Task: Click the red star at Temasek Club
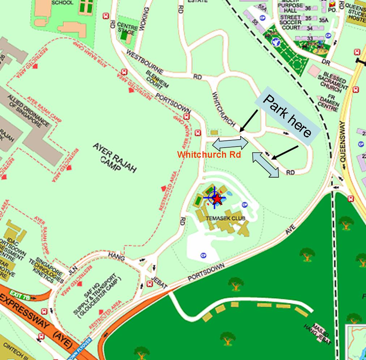(217, 199)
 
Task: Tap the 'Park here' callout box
(288, 116)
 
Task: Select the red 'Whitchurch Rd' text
(209, 155)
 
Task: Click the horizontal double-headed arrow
(230, 143)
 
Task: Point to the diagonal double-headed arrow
(266, 165)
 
